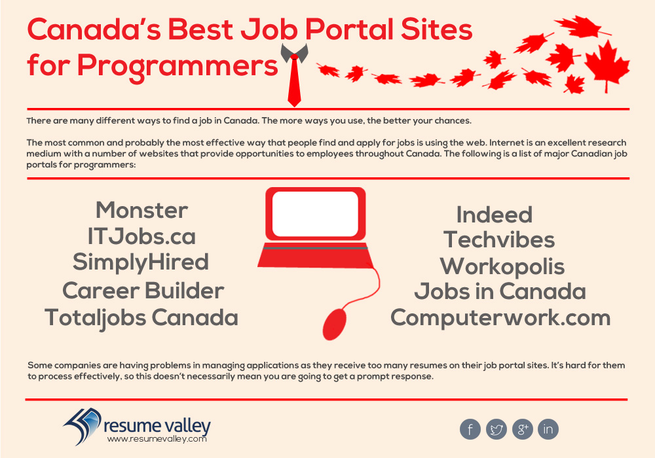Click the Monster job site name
(x=141, y=210)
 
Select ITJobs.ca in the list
(x=141, y=236)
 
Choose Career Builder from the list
(x=143, y=291)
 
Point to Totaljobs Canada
(x=141, y=318)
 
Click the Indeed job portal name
(x=494, y=215)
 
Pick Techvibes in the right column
(x=499, y=240)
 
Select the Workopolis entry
(x=502, y=266)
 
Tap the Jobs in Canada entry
(x=500, y=291)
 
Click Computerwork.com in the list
(x=500, y=318)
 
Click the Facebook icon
(x=470, y=429)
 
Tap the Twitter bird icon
(x=496, y=429)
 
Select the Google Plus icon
(x=523, y=429)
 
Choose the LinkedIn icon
(x=548, y=429)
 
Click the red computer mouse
(x=335, y=324)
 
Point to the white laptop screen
(x=316, y=215)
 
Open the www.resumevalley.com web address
(x=157, y=439)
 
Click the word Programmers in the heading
(x=178, y=66)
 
